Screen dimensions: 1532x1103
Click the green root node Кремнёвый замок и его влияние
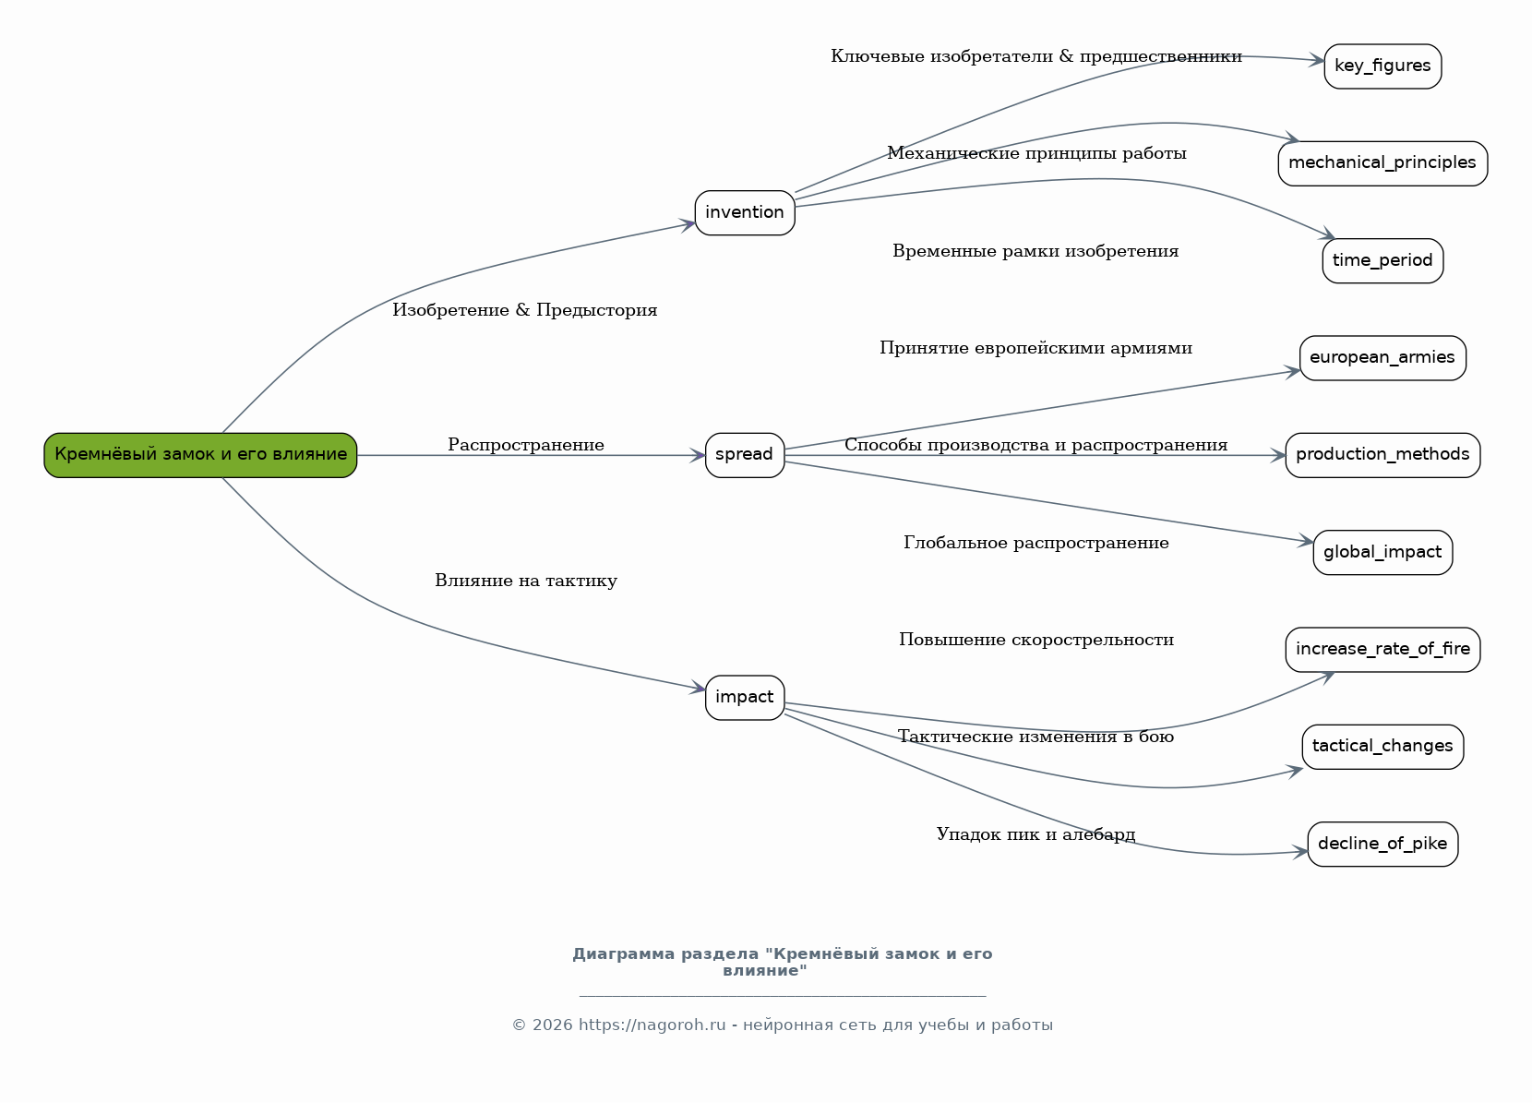tap(200, 455)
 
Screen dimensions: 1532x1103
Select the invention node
tap(745, 212)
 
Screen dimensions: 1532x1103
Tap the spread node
tap(745, 455)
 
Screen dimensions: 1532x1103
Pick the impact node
tap(745, 698)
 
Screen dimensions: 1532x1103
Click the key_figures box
tap(1382, 66)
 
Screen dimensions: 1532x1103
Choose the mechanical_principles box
tap(1382, 163)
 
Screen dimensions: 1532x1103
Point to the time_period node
tap(1382, 260)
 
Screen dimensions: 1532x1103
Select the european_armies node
tap(1382, 357)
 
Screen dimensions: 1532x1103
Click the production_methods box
tap(1382, 455)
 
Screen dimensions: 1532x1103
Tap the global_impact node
tap(1382, 553)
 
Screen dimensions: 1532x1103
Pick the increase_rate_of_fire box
tap(1382, 650)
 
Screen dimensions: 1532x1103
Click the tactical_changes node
tap(1382, 747)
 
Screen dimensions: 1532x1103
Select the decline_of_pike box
tap(1382, 844)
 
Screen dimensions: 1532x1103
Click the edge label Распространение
tap(526, 445)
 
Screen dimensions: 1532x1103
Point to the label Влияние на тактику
tap(526, 581)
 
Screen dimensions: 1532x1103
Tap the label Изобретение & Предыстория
tap(524, 310)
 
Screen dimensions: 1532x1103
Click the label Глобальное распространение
tap(1036, 543)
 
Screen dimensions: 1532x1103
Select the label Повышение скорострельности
tap(1036, 640)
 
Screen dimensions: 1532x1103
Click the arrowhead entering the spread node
tap(698, 455)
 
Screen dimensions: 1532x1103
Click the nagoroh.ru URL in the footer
tap(652, 1025)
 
